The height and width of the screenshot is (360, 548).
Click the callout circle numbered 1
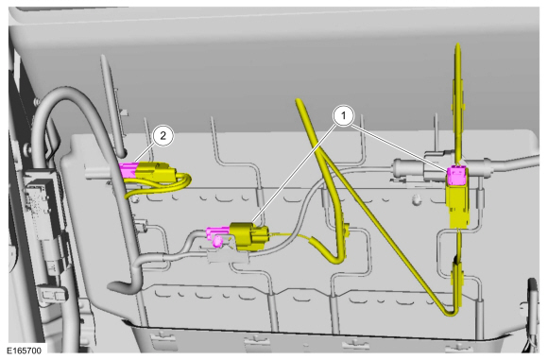point(343,115)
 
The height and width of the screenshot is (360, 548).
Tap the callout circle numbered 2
point(163,136)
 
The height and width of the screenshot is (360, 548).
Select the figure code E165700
point(25,351)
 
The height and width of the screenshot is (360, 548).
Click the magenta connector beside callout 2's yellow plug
point(128,170)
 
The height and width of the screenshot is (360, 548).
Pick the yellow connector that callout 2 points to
point(155,172)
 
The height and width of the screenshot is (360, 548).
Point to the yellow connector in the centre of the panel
point(248,236)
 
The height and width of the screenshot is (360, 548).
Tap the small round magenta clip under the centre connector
point(217,242)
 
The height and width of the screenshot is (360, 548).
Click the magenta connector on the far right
point(457,176)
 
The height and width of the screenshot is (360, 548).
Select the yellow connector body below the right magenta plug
point(458,206)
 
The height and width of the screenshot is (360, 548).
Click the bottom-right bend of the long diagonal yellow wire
point(451,312)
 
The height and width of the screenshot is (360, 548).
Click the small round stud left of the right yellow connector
point(417,200)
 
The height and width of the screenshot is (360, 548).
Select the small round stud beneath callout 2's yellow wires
point(134,198)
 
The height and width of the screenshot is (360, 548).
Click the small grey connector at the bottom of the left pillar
point(53,294)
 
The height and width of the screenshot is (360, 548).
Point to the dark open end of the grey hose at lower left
point(114,287)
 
